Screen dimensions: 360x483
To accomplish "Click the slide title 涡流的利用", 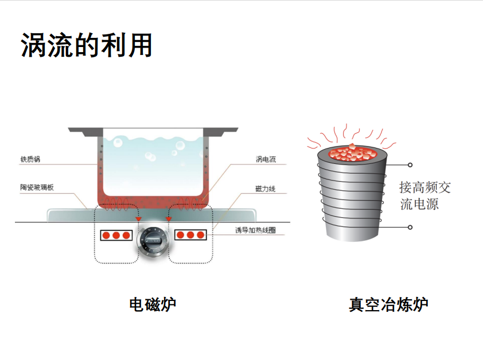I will (87, 45).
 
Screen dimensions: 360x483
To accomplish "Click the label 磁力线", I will (265, 188).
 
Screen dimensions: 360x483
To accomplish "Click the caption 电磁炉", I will (152, 304).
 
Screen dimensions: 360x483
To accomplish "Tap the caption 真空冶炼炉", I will (388, 304).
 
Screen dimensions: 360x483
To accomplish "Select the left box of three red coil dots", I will (116, 235).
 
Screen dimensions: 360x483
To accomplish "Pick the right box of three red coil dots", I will (190, 235).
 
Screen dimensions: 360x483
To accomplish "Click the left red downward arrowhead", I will (138, 219).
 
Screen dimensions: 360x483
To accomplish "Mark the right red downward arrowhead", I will (169, 219).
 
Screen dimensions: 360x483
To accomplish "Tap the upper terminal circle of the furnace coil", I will (410, 164).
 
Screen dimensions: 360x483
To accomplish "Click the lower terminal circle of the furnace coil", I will (410, 227).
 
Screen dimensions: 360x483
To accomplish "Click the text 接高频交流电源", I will (425, 195).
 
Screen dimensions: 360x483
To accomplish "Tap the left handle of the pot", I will (84, 133).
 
